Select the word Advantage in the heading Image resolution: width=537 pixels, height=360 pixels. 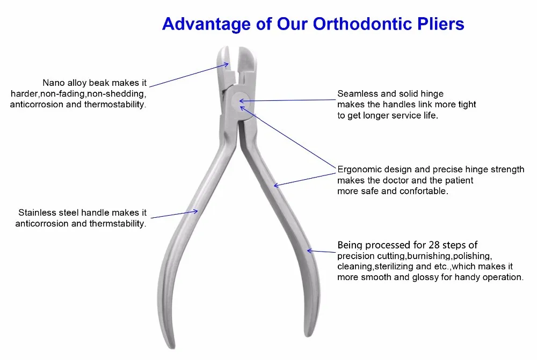click(207, 25)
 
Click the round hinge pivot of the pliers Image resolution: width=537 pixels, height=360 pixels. click(240, 101)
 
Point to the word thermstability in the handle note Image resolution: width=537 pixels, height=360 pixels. click(118, 224)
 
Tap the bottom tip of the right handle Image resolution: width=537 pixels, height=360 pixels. click(308, 335)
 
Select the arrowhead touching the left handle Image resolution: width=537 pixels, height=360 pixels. click(195, 211)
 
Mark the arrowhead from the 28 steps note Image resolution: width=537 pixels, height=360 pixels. click(309, 251)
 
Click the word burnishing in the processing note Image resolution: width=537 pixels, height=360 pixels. click(429, 256)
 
